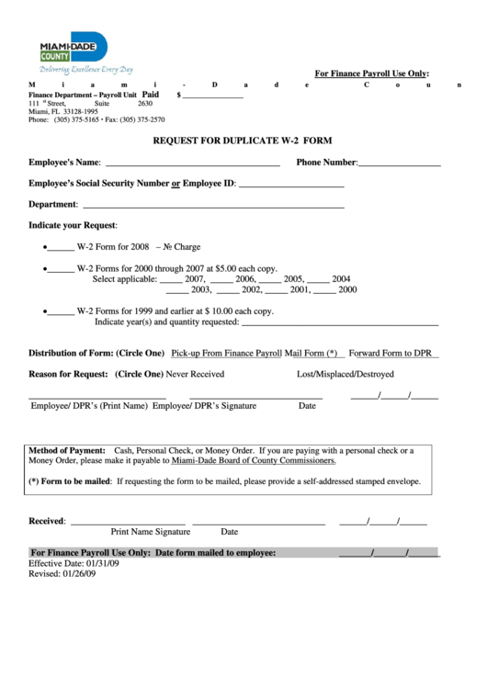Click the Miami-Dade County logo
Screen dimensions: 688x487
[74, 50]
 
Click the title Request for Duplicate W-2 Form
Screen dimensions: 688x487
[243, 141]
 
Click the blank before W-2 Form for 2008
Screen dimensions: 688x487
[61, 247]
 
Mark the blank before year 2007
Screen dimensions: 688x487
[169, 278]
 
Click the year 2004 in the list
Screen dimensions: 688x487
[341, 278]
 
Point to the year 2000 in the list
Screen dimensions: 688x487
[347, 289]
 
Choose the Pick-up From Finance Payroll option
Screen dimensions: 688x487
[226, 353]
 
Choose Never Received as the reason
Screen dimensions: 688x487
[195, 374]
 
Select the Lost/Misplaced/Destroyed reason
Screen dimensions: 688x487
[345, 374]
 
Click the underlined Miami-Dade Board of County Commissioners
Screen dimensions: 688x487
[253, 461]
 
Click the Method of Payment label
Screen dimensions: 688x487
[67, 451]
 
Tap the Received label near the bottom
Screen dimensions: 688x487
[47, 521]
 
